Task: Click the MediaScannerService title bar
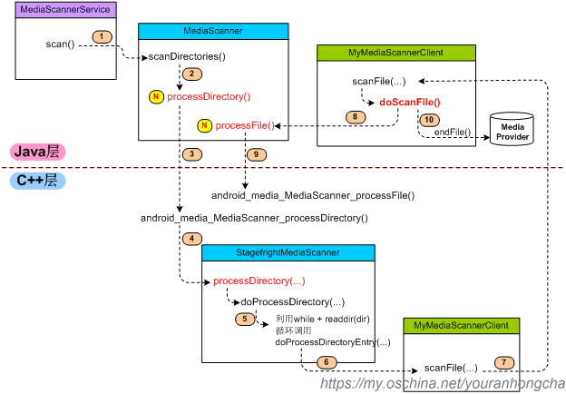[x=65, y=9]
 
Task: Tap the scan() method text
[x=60, y=44]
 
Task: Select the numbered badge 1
[x=102, y=36]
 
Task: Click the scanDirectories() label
[x=187, y=56]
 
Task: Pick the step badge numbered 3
[x=191, y=154]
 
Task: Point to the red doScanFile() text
[x=409, y=103]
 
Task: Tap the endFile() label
[x=453, y=133]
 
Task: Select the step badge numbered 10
[x=429, y=119]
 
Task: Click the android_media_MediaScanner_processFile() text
[x=312, y=195]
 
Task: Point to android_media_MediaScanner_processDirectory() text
[x=254, y=219]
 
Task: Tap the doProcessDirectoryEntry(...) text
[x=332, y=342]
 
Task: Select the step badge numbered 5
[x=244, y=319]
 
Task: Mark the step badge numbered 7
[x=503, y=362]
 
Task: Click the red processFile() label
[x=245, y=125]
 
